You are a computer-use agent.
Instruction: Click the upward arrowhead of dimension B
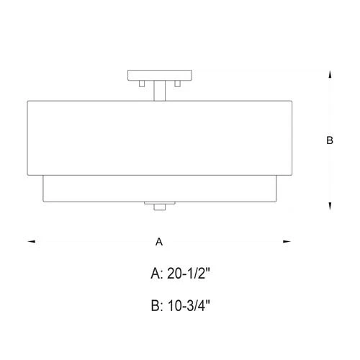[x=329, y=73]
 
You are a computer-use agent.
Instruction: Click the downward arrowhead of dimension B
[x=329, y=207]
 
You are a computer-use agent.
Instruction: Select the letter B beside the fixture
[x=329, y=142]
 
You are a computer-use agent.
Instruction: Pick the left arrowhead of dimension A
[x=31, y=242]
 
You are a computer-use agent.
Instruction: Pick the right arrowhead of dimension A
[x=287, y=242]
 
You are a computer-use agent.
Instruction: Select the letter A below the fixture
[x=159, y=243]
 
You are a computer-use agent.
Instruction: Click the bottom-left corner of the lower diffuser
[x=44, y=202]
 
